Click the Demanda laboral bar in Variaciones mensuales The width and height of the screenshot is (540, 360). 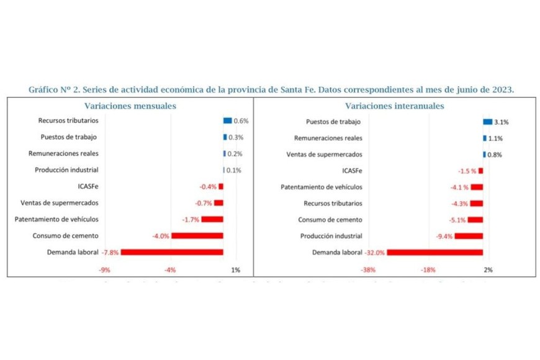[x=172, y=252]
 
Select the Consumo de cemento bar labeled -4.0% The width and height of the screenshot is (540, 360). [x=197, y=236]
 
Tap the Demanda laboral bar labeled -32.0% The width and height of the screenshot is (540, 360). [x=434, y=252]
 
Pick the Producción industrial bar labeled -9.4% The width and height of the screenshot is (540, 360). [x=469, y=236]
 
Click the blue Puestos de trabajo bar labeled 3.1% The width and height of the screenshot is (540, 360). [x=487, y=122]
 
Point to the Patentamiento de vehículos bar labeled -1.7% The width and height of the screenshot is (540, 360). [x=212, y=219]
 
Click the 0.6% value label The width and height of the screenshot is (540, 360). [x=241, y=121]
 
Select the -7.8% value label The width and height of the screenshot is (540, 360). [x=111, y=253]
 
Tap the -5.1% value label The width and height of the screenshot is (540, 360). [x=457, y=220]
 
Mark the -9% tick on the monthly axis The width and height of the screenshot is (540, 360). [x=105, y=270]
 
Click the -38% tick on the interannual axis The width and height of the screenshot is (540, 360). [x=368, y=270]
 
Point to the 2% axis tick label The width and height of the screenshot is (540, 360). [x=488, y=270]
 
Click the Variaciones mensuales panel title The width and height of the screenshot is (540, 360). [x=130, y=106]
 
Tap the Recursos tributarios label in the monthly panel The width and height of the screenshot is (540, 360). [x=68, y=120]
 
